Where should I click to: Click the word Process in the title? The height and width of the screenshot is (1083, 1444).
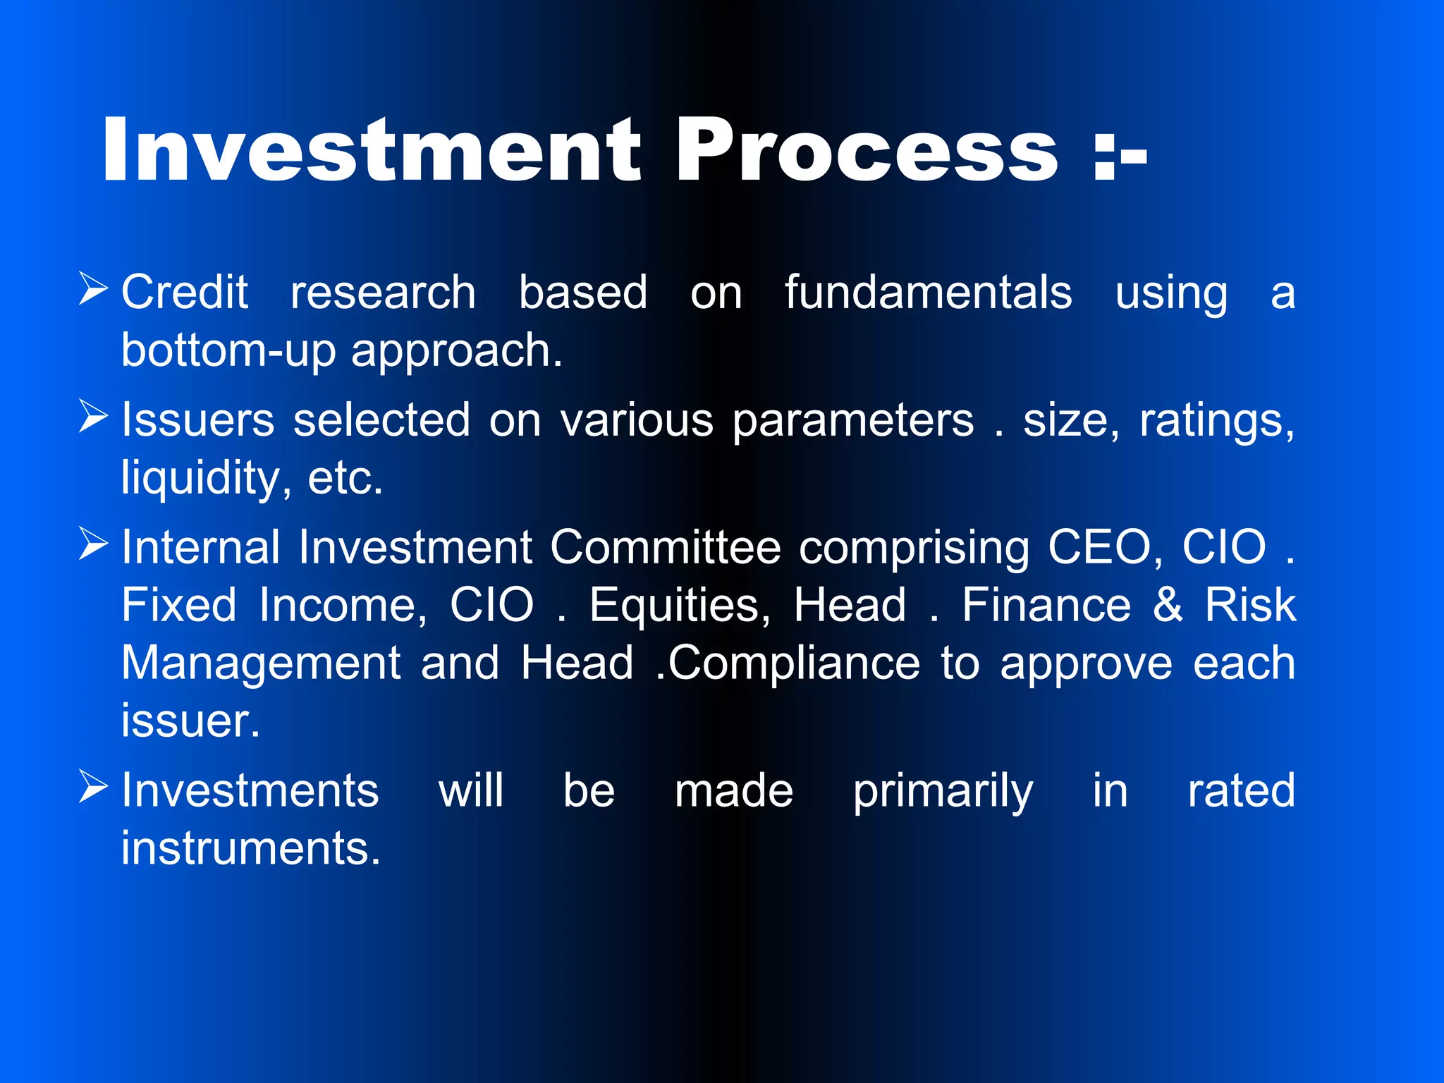pyautogui.click(x=867, y=149)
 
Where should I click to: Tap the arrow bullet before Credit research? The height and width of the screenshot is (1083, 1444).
pyautogui.click(x=93, y=289)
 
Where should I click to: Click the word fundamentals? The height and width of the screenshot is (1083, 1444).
pyautogui.click(x=928, y=292)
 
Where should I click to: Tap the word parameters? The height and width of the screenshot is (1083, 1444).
pyautogui.click(x=853, y=422)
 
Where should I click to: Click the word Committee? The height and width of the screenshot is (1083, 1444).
pyautogui.click(x=665, y=547)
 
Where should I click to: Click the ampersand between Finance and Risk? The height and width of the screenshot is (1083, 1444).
pyautogui.click(x=1168, y=605)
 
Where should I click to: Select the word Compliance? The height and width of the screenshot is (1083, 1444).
pyautogui.click(x=793, y=664)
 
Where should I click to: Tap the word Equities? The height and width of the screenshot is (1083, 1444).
pyautogui.click(x=676, y=605)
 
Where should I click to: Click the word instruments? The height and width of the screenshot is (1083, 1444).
pyautogui.click(x=250, y=848)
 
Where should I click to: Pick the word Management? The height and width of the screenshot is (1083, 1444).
pyautogui.click(x=261, y=664)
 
